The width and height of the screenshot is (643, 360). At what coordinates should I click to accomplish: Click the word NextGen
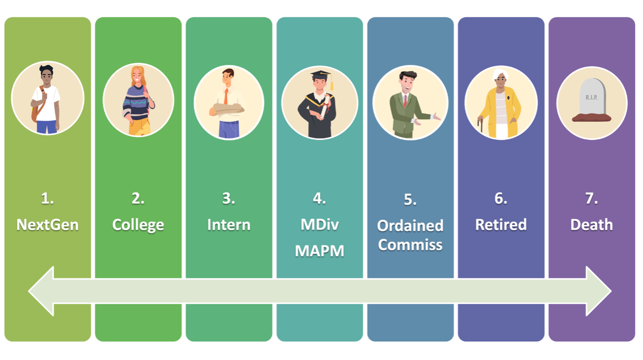click(47, 225)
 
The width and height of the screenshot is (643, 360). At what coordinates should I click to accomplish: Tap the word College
click(138, 225)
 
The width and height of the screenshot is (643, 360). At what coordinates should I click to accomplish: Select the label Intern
click(229, 225)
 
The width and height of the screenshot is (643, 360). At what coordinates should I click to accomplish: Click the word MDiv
click(319, 225)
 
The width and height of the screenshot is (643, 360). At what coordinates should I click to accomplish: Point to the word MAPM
click(319, 251)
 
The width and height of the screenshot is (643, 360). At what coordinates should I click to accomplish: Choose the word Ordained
click(410, 226)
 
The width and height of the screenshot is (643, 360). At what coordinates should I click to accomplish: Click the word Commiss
click(410, 245)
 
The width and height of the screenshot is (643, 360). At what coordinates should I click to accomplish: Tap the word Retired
click(501, 225)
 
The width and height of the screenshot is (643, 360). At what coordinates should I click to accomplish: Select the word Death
click(592, 225)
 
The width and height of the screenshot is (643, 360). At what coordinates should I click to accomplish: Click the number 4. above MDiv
click(319, 199)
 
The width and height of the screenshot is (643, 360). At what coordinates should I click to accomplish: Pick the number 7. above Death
click(592, 199)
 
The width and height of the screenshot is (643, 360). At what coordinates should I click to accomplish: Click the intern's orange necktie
click(226, 96)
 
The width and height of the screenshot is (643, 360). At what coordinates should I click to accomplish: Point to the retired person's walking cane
click(479, 125)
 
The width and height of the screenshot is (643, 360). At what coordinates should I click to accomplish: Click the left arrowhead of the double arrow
click(42, 291)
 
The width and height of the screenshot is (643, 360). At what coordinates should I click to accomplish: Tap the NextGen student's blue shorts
click(47, 126)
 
